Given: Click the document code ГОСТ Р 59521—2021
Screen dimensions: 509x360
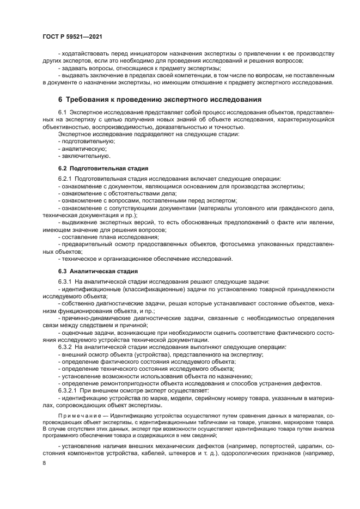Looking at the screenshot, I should [72, 35].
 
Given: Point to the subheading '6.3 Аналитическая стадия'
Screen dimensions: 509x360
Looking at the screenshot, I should [97, 271].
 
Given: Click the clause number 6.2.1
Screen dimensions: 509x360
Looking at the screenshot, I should [66, 179].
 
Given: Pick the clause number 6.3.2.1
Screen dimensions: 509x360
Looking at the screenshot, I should [68, 390].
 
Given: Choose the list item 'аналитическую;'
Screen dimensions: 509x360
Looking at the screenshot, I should [82, 149].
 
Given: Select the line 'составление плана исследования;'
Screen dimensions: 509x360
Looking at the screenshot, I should [109, 237].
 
